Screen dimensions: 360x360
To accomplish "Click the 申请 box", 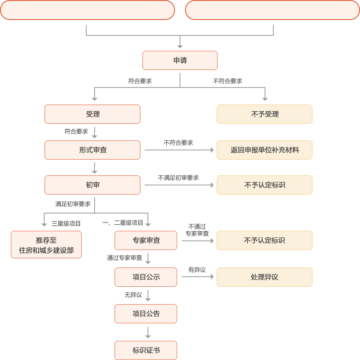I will [180, 60].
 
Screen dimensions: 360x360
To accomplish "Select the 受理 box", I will [92, 114].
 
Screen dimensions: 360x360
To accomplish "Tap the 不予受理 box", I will [264, 114].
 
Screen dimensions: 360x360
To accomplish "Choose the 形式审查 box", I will [92, 150].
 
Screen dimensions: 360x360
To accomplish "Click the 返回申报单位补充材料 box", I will [264, 150].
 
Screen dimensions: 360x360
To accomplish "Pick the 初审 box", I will [92, 185].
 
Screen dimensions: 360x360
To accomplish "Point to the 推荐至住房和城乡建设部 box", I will [46, 245].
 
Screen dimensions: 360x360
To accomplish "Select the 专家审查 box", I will [145, 240].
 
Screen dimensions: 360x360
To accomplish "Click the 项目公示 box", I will [145, 277].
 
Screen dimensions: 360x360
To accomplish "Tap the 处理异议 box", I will [264, 277].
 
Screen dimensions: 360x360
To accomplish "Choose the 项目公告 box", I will [145, 314].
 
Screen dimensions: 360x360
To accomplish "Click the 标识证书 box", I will [145, 350].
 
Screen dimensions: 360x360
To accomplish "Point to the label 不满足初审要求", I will [178, 178].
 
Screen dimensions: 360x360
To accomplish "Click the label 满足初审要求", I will [73, 204].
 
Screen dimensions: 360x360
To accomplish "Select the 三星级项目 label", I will [66, 223].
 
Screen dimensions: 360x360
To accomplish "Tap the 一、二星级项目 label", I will [122, 223].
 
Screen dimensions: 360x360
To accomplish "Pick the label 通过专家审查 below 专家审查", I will [124, 258].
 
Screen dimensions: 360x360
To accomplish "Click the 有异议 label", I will [197, 270].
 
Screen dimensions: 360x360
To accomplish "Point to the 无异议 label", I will [133, 295].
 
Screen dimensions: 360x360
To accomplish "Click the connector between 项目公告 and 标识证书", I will [148, 332].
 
